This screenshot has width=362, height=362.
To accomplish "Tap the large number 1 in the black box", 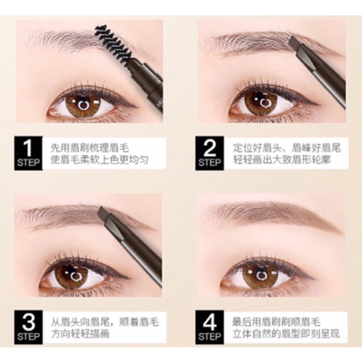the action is pyautogui.click(x=28, y=148).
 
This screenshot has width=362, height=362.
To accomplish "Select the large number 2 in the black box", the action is pyautogui.click(x=210, y=148).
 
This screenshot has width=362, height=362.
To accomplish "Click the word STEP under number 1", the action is pyautogui.click(x=28, y=163).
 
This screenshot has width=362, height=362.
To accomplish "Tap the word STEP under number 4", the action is pyautogui.click(x=210, y=337).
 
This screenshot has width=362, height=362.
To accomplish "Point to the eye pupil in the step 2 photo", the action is pyautogui.click(x=262, y=103).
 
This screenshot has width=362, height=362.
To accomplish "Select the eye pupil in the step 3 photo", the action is pyautogui.click(x=75, y=275).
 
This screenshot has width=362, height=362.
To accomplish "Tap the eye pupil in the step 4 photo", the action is pyautogui.click(x=261, y=275).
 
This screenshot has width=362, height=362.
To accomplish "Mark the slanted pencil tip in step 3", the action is pyautogui.click(x=104, y=214).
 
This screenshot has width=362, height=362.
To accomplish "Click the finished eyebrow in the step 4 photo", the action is pyautogui.click(x=273, y=216).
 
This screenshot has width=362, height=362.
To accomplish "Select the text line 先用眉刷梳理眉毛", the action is pyautogui.click(x=90, y=148).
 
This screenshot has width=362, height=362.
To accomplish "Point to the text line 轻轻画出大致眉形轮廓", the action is pyautogui.click(x=282, y=160).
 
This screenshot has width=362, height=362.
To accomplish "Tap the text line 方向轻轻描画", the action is pyautogui.click(x=80, y=334).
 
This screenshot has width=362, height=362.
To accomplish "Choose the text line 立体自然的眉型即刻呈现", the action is pyautogui.click(x=287, y=334).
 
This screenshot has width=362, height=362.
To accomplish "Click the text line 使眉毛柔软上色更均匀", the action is pyautogui.click(x=100, y=160).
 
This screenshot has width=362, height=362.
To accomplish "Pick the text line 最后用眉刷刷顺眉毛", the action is pyautogui.click(x=277, y=322).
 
